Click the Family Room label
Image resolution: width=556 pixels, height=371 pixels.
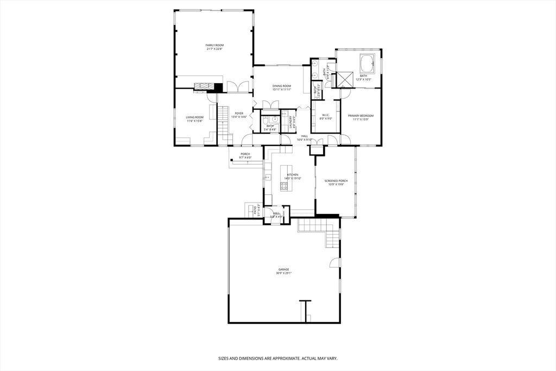click(214, 45)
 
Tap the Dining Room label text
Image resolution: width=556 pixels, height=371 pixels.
click(282, 86)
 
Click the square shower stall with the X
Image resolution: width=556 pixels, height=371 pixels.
click(345, 79)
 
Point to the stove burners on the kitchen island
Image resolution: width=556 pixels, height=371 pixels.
click(284, 186)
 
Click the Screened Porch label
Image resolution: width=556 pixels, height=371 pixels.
click(336, 180)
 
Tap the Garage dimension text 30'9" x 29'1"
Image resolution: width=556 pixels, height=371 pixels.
click(283, 273)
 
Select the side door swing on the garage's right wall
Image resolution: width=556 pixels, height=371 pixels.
click(333, 263)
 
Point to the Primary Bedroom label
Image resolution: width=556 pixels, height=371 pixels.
click(361, 115)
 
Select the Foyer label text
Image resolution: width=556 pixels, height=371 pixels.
click(239, 114)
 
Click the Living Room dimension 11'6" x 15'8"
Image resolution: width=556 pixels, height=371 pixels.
click(194, 121)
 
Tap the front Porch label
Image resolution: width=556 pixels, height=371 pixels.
click(245, 154)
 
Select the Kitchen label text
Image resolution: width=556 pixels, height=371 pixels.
click(285, 175)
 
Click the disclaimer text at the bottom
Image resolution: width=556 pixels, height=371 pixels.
click(277, 359)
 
